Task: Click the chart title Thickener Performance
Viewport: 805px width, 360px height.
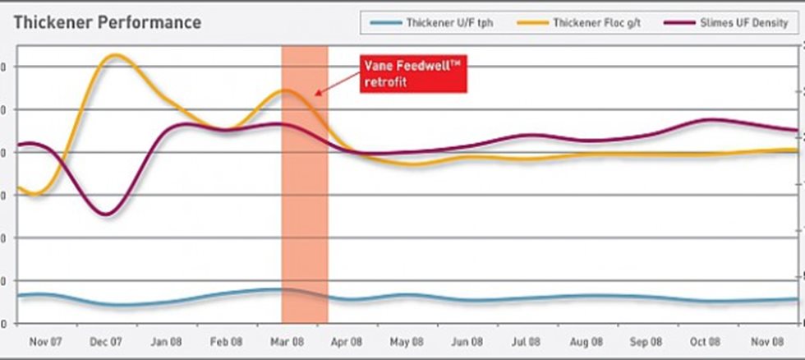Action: coord(108,22)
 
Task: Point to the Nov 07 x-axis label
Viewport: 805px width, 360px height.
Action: coord(47,341)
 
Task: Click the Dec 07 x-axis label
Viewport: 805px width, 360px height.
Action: coord(107,341)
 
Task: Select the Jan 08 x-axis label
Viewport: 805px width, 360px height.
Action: coord(167,341)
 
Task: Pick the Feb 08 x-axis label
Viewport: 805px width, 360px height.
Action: coord(226,341)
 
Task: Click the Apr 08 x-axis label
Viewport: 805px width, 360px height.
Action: coord(347,341)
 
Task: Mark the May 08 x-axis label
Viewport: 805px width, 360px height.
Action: coord(407,341)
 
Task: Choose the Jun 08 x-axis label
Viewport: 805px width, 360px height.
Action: coord(467,341)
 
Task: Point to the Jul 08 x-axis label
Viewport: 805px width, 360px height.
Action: coord(527,341)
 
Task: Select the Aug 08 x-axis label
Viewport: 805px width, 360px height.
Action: coord(586,341)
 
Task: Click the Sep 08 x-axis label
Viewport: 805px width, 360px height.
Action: coord(646,341)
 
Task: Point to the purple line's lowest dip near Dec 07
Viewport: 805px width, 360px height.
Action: coord(105,215)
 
